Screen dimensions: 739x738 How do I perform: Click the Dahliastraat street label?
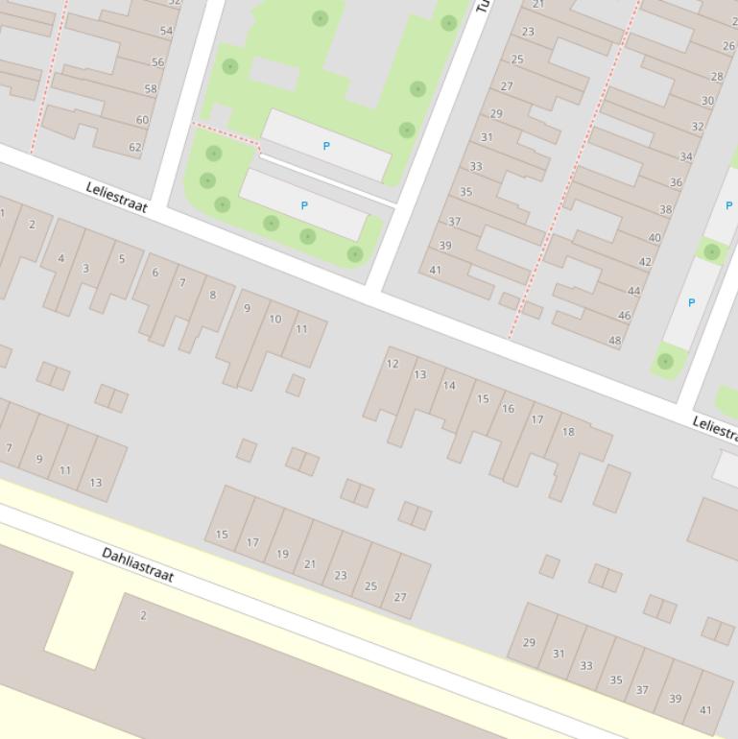(x=138, y=564)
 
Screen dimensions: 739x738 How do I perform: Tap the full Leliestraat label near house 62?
(x=116, y=198)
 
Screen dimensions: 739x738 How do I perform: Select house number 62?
(x=135, y=148)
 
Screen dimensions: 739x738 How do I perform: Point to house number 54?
(x=167, y=32)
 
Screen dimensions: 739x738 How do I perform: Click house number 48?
(x=615, y=341)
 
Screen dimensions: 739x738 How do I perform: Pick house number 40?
(x=655, y=238)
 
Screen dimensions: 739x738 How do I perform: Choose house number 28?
(x=717, y=77)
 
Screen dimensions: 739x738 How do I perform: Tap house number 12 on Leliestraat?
(x=392, y=364)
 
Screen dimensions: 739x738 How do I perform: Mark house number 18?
(x=568, y=432)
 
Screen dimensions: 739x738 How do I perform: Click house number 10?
(x=275, y=320)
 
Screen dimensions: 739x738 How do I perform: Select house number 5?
(x=122, y=259)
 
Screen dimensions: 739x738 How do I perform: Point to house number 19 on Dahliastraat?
(x=282, y=554)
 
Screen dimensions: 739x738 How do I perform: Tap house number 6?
(x=155, y=273)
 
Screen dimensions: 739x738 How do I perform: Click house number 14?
(x=449, y=386)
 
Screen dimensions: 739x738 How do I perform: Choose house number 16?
(x=508, y=409)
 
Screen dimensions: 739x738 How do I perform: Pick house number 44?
(x=633, y=291)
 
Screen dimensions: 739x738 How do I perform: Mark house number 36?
(x=677, y=182)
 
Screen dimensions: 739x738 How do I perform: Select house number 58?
(x=151, y=89)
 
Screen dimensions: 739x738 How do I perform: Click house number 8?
(x=213, y=296)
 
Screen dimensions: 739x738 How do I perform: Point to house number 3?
(x=85, y=269)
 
